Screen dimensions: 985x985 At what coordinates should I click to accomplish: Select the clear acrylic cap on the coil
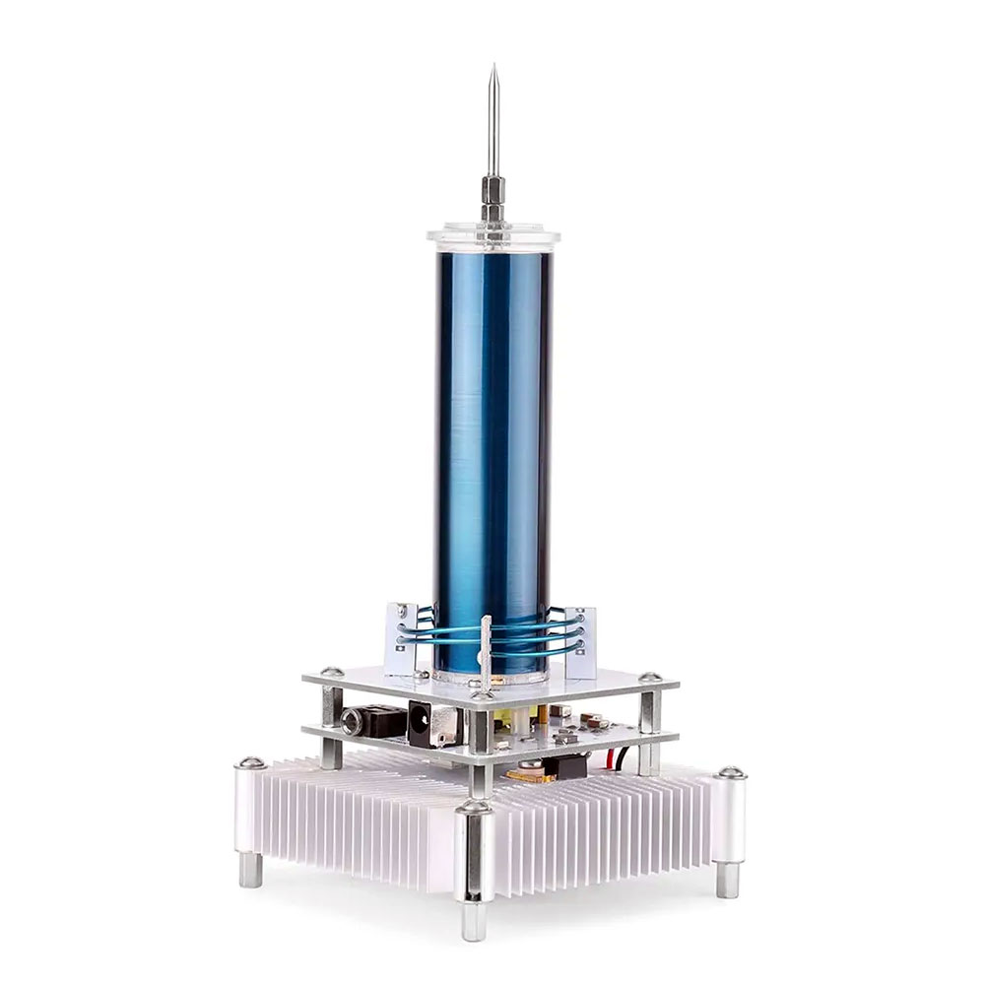point(493,236)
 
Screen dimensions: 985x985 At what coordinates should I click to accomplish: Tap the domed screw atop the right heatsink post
point(730,773)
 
